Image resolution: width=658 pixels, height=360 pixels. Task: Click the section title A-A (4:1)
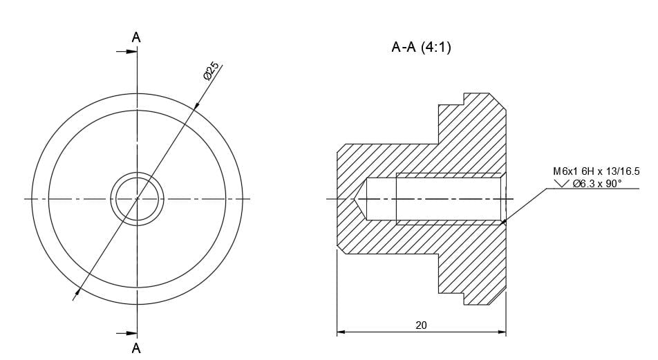click(x=421, y=48)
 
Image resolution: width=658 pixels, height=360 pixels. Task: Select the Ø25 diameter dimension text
click(x=211, y=70)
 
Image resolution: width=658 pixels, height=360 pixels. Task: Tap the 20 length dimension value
click(x=421, y=325)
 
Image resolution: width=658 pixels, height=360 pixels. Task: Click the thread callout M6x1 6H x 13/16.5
click(x=596, y=171)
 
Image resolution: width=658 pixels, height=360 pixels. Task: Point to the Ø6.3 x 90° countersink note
click(x=597, y=183)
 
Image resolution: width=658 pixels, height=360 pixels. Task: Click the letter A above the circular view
click(x=136, y=38)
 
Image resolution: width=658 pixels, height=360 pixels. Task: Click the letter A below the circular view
click(x=136, y=348)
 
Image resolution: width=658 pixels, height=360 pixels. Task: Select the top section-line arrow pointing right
click(x=128, y=52)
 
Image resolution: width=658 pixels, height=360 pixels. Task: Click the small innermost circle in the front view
click(x=137, y=199)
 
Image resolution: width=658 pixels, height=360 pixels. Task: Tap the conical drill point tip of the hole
click(x=356, y=199)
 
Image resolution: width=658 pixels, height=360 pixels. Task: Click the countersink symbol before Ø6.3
click(x=562, y=183)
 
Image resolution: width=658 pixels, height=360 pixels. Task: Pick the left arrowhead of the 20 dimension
click(x=340, y=332)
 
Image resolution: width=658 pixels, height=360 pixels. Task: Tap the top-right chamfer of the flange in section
click(x=498, y=101)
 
